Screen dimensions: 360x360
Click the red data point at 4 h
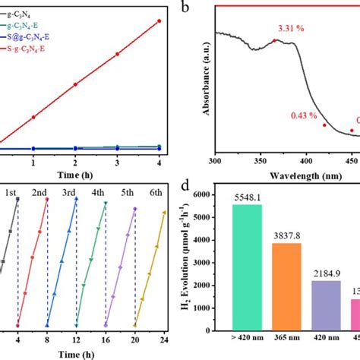[x=159, y=21]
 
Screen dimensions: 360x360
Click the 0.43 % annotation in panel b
[x=304, y=115]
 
